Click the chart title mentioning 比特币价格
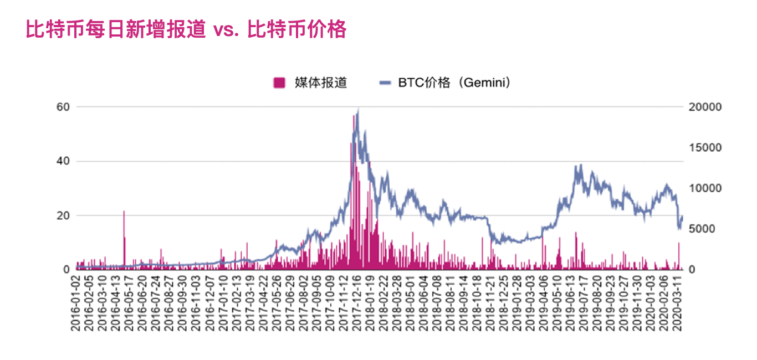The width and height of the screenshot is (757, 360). [186, 29]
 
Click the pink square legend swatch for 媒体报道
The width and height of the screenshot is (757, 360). [279, 83]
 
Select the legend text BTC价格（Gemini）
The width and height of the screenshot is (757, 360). [454, 83]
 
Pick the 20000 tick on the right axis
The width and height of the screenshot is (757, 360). [705, 106]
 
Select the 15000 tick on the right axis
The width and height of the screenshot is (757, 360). [705, 147]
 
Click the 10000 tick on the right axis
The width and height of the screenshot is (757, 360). [705, 188]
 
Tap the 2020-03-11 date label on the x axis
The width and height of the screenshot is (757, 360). [677, 302]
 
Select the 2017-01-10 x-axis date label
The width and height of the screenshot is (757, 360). [222, 302]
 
